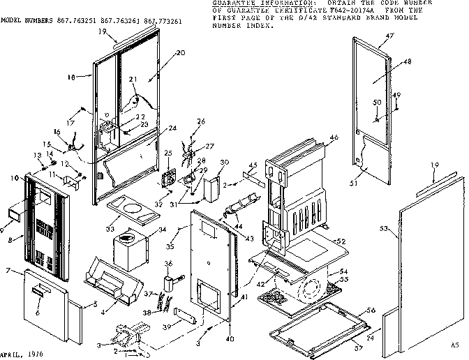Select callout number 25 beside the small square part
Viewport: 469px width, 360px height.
(167, 153)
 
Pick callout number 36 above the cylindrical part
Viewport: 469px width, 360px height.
(167, 263)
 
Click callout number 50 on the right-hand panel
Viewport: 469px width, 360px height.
(376, 103)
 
